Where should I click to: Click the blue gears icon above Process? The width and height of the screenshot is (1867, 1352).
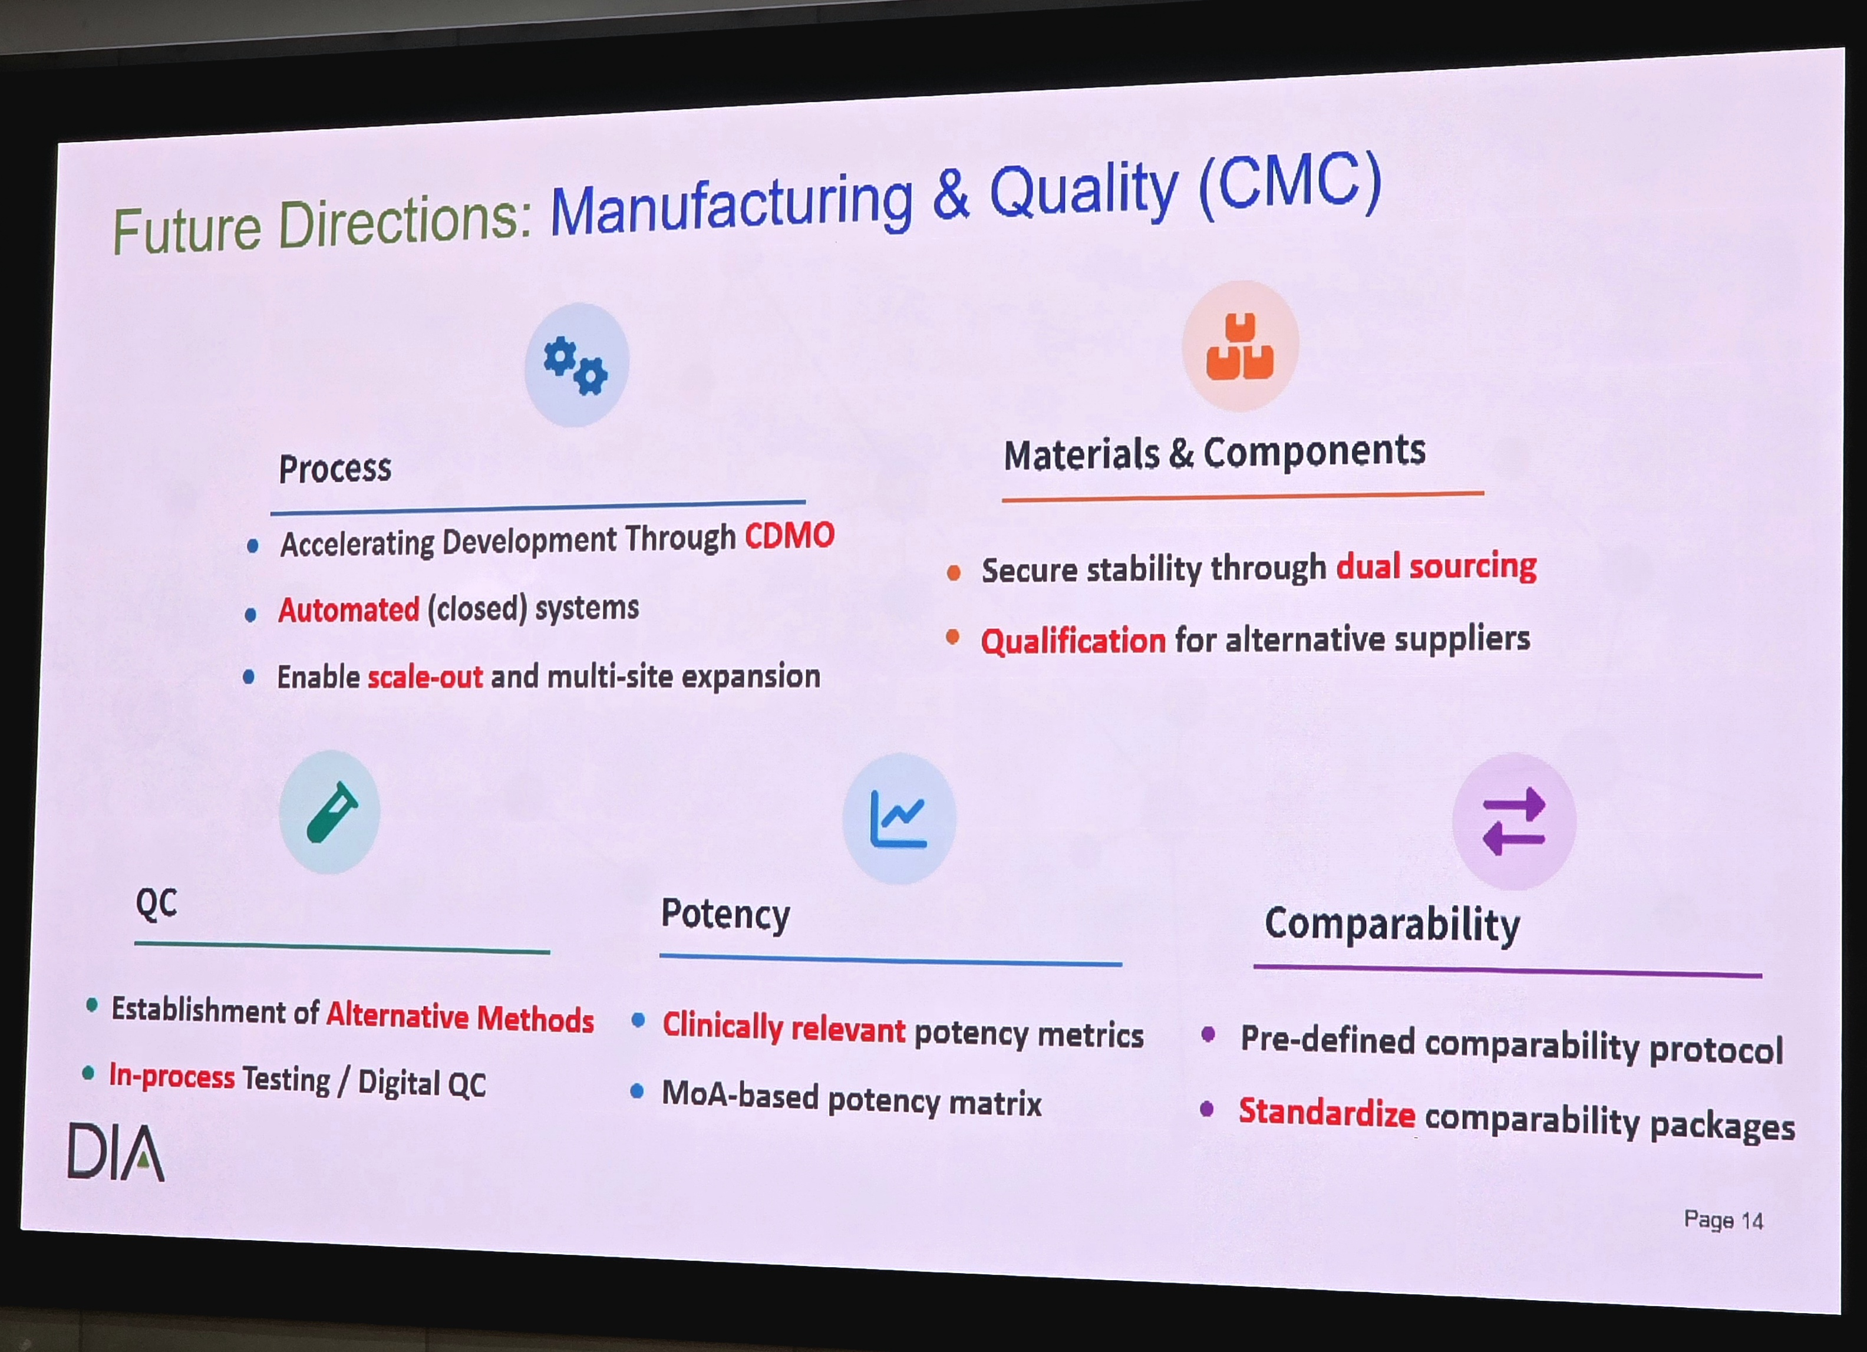[575, 365]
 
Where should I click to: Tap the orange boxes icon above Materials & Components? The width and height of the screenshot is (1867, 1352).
[1240, 347]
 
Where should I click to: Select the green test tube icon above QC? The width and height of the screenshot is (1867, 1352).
[332, 813]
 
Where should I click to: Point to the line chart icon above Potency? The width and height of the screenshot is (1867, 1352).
[898, 819]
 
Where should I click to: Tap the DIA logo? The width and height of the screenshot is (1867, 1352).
[116, 1151]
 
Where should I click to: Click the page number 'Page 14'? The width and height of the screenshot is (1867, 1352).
[1723, 1219]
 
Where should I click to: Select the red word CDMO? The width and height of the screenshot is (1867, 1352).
[790, 536]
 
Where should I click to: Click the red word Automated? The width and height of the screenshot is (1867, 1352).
[349, 610]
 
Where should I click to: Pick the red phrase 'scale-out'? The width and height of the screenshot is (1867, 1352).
[425, 677]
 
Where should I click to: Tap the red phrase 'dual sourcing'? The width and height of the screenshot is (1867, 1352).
[1436, 566]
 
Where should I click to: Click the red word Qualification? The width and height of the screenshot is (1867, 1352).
[1073, 641]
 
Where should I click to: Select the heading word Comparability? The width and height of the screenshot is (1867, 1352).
[1393, 925]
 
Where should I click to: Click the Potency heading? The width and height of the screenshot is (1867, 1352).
[725, 914]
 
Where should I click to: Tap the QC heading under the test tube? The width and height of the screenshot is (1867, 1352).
[156, 903]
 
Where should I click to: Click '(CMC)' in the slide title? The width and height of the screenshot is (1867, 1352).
[1290, 184]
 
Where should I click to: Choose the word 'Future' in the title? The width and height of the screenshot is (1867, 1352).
[187, 228]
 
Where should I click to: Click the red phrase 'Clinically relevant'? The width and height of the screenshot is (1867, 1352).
[784, 1028]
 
